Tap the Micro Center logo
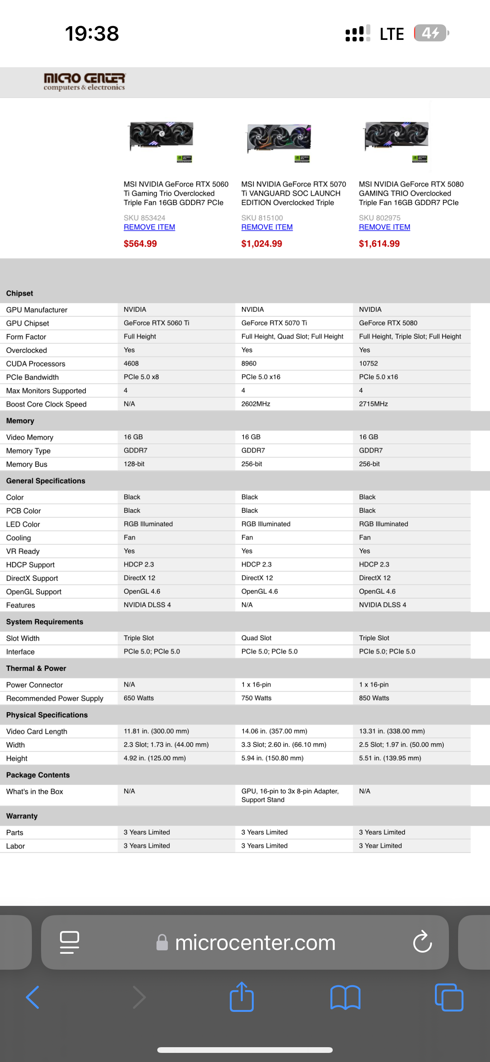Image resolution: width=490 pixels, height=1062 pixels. click(84, 81)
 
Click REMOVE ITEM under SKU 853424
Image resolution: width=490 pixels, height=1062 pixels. click(149, 227)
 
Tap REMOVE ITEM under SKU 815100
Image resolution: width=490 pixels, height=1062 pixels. click(267, 227)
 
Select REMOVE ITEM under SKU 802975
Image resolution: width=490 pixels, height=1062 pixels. click(384, 227)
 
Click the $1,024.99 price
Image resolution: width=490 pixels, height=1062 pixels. click(261, 243)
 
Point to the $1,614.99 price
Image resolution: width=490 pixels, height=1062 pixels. click(379, 243)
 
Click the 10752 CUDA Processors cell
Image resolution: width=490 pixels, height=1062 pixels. click(368, 363)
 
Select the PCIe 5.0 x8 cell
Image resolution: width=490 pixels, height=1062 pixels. click(141, 377)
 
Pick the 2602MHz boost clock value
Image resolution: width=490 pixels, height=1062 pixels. click(256, 404)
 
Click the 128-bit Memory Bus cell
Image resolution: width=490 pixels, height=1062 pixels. click(134, 464)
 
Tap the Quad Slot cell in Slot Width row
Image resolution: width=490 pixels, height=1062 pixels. click(256, 638)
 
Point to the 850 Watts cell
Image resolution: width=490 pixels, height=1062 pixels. click(374, 698)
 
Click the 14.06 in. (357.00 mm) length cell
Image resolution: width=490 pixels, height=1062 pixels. click(274, 731)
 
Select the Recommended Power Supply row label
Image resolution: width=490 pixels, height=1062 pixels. click(54, 699)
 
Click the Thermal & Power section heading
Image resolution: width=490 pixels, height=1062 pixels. click(36, 668)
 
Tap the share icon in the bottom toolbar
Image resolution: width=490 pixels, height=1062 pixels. click(242, 997)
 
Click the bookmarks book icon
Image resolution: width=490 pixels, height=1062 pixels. click(345, 997)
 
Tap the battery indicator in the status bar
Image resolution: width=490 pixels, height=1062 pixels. click(431, 33)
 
